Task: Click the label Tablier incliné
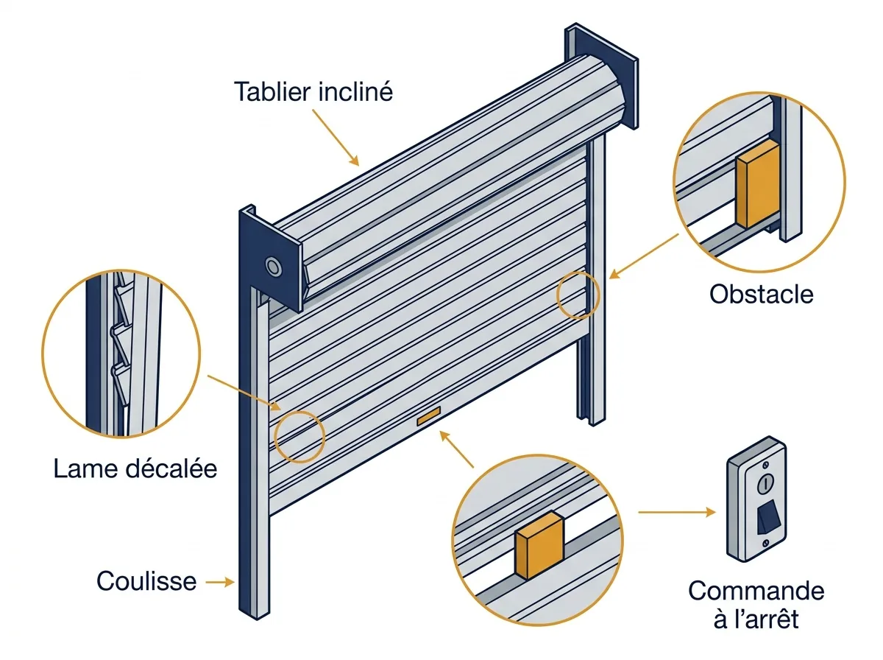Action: [x=313, y=92]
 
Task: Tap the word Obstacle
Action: [x=761, y=294]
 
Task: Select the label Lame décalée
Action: [x=135, y=468]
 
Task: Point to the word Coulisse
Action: [x=146, y=581]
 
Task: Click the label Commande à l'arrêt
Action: [x=756, y=605]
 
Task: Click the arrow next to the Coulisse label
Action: [x=220, y=582]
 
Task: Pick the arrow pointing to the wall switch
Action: [x=677, y=512]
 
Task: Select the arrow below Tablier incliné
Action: [x=336, y=137]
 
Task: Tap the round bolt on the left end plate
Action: [x=273, y=267]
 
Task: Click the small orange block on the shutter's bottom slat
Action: [x=428, y=416]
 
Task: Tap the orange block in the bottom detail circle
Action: [x=539, y=545]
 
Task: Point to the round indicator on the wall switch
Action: [x=765, y=483]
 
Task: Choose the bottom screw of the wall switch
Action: [x=765, y=544]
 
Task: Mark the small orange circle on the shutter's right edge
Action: [x=578, y=295]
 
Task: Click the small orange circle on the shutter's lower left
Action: [x=299, y=437]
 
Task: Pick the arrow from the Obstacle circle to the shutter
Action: [x=644, y=256]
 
